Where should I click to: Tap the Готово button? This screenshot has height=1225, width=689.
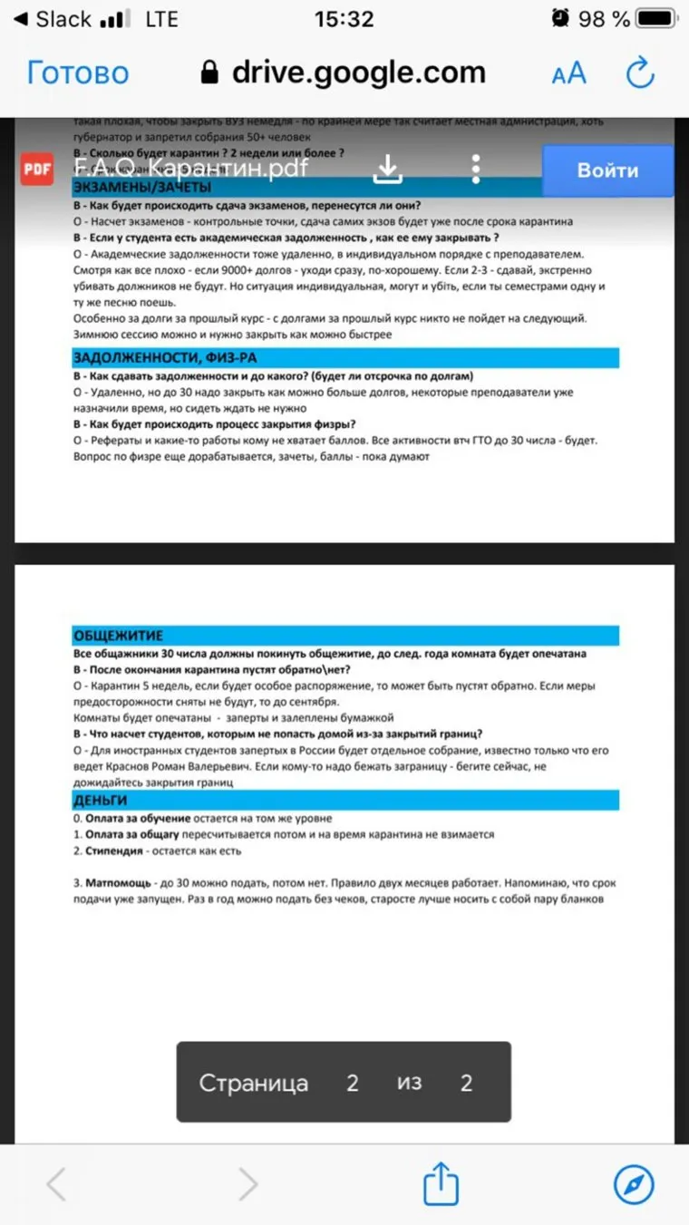pyautogui.click(x=78, y=73)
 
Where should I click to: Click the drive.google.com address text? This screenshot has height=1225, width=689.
pyautogui.click(x=358, y=73)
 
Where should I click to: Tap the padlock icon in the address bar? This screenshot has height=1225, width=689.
pyautogui.click(x=210, y=73)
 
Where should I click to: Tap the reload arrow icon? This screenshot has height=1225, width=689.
pyautogui.click(x=640, y=73)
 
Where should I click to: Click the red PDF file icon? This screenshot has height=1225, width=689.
pyautogui.click(x=37, y=170)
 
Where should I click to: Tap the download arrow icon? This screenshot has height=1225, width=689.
pyautogui.click(x=388, y=169)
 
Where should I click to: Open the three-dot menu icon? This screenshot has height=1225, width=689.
pyautogui.click(x=476, y=169)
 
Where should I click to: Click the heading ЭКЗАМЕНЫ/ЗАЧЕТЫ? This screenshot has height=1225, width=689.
pyautogui.click(x=142, y=188)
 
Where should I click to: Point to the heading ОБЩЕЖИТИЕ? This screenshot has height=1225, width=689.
pyautogui.click(x=119, y=636)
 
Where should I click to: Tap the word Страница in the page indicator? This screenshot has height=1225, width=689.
pyautogui.click(x=253, y=1083)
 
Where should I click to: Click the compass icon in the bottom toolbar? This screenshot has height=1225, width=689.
pyautogui.click(x=634, y=1183)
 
